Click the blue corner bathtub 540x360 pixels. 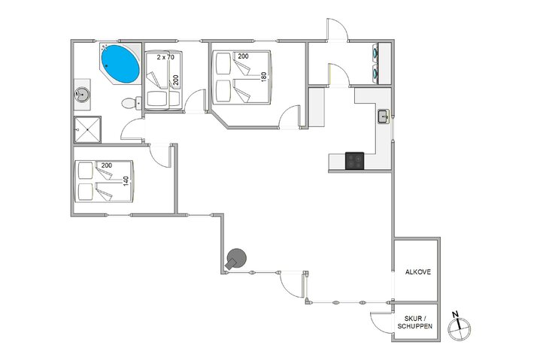(x=120, y=64)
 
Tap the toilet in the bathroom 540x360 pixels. (x=132, y=103)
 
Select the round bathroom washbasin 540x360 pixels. (x=83, y=95)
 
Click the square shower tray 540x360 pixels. (x=87, y=129)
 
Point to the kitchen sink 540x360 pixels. (x=383, y=116)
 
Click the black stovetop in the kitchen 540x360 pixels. (x=354, y=160)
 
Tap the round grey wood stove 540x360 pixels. (x=236, y=259)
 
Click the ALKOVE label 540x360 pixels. (x=417, y=272)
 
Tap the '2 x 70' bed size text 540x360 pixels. (x=165, y=57)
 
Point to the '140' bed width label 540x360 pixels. (x=126, y=181)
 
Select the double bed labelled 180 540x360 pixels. (x=241, y=77)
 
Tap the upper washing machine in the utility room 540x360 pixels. (x=374, y=54)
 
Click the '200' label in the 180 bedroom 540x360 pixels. (x=243, y=56)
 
